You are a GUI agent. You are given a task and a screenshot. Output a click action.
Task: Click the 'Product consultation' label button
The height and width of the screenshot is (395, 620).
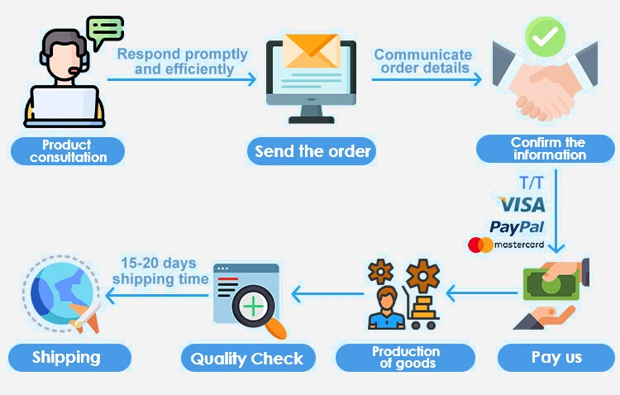(67, 151)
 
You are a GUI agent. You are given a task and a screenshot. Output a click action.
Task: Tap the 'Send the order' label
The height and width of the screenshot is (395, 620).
(312, 151)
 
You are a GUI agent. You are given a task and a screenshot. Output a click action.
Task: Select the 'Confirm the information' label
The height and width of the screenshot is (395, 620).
(548, 150)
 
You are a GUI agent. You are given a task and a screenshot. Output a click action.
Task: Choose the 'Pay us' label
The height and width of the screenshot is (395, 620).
(556, 358)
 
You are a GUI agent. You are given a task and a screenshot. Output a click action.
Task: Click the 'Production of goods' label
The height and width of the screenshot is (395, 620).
(404, 358)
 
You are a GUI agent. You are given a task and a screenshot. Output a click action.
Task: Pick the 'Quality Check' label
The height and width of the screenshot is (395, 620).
(247, 358)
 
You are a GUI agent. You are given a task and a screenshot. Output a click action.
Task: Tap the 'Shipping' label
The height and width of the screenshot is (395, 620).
(67, 358)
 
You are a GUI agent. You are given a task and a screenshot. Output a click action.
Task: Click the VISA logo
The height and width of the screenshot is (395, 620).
(522, 204)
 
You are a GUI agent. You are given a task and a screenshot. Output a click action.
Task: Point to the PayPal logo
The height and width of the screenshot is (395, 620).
(517, 226)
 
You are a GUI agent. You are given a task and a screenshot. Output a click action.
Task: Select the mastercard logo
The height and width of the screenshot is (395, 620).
(506, 245)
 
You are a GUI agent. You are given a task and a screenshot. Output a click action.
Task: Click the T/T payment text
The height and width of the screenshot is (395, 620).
(532, 182)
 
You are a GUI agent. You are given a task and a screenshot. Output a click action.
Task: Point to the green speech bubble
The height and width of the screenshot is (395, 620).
(105, 31)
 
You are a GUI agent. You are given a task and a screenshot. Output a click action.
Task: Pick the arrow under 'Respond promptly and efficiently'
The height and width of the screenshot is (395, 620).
(182, 79)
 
